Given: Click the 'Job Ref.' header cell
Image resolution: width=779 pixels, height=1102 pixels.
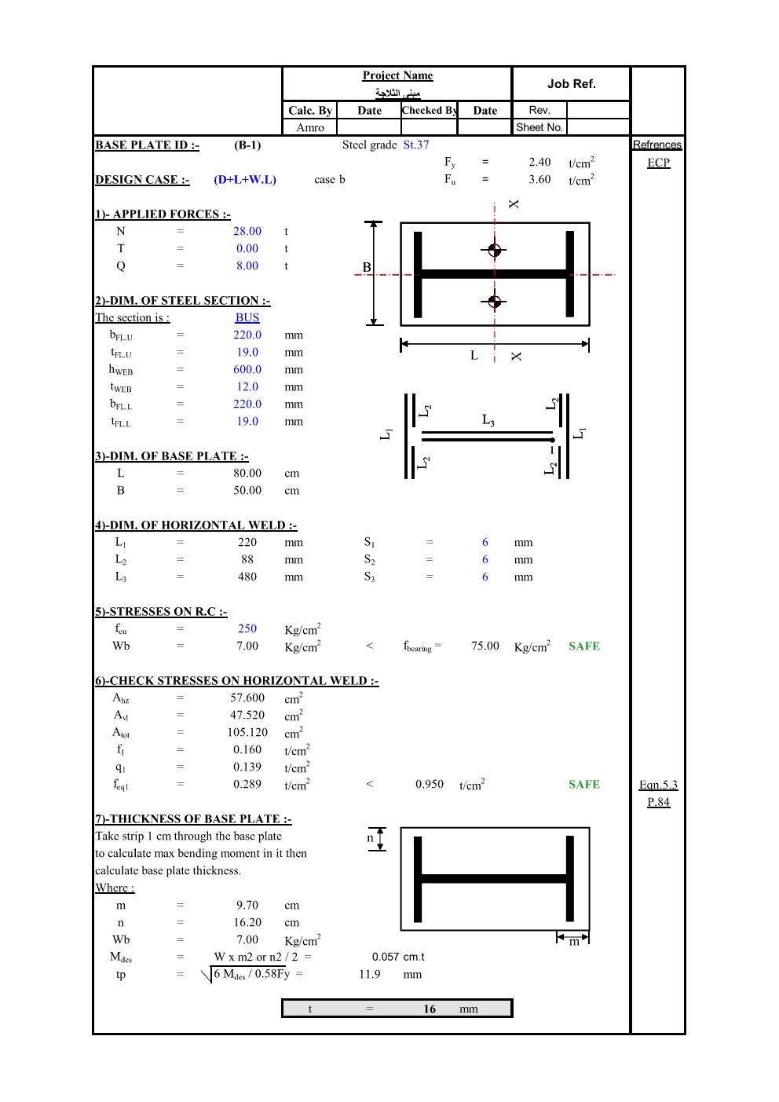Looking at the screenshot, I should [571, 84].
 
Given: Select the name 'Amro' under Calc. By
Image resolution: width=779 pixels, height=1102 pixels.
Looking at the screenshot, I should [310, 127].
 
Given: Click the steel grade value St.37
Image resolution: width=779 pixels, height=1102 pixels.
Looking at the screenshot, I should [416, 145].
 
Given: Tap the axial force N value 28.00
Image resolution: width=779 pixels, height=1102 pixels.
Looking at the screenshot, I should [247, 231].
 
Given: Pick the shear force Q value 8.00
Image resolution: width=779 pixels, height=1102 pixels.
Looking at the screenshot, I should [247, 265].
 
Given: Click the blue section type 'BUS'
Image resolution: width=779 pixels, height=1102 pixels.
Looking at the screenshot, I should [247, 317].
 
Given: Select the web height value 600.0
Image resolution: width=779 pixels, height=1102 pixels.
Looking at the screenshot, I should [247, 369].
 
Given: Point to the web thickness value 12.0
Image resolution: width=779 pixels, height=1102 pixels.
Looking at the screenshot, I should [247, 386].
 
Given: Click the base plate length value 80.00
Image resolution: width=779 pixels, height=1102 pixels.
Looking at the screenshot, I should [247, 473].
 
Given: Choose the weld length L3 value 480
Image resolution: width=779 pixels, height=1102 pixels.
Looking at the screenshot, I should [247, 577].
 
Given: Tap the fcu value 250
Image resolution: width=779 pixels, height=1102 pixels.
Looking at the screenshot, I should [247, 628].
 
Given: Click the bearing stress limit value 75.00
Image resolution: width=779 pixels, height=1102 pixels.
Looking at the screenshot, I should [485, 646].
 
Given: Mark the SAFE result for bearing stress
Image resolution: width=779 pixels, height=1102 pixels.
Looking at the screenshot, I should [583, 646].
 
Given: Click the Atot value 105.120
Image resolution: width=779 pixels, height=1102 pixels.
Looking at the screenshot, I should [247, 732].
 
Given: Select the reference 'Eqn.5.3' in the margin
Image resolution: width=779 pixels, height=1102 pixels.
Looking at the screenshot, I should [658, 785].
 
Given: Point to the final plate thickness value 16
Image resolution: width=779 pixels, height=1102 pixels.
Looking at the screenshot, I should [429, 1009].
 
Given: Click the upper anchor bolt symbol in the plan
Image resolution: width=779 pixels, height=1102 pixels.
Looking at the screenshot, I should [494, 251].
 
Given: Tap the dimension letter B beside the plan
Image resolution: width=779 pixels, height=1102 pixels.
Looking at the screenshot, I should [367, 268].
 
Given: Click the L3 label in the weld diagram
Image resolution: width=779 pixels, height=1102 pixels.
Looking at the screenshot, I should [488, 420].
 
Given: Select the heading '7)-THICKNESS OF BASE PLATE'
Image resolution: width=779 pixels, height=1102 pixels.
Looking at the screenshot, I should [193, 818].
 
